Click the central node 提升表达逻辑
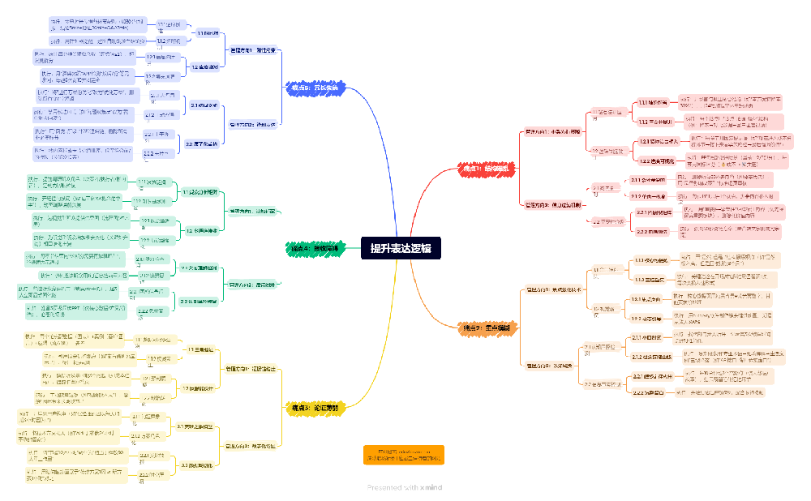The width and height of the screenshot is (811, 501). coord(401,248)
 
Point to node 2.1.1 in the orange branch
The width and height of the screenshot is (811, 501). coord(646,336)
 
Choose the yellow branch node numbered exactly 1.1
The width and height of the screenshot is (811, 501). coord(200,349)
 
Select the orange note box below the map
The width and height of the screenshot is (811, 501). coord(404,455)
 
